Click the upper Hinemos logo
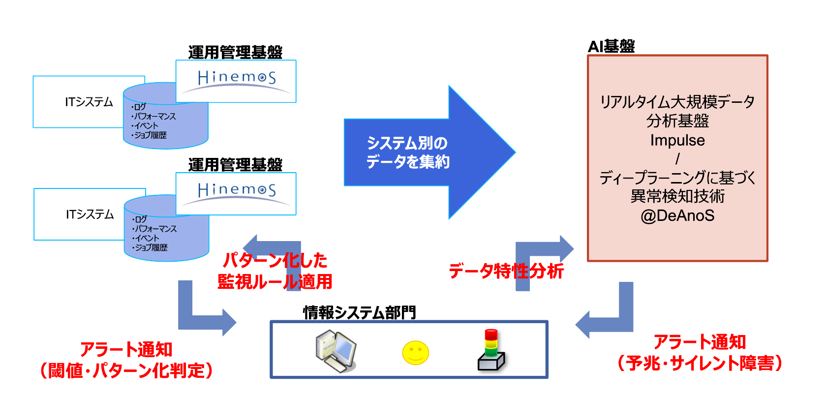tap(236, 80)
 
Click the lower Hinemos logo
tap(236, 192)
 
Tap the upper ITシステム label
tap(89, 102)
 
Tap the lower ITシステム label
tap(90, 214)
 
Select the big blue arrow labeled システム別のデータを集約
tap(428, 153)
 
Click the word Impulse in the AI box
tap(677, 140)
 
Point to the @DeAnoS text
tap(677, 215)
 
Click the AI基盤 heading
tap(611, 46)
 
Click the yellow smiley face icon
tap(416, 353)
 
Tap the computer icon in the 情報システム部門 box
tap(336, 351)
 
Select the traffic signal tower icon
tap(491, 350)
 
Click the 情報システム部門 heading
tap(360, 312)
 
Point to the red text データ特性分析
tap(506, 271)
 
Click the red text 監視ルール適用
tap(275, 281)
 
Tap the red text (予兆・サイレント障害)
tap(700, 363)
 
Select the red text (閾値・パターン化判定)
tap(126, 370)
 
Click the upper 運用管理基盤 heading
tap(235, 52)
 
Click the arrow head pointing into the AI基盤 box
tap(566, 248)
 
